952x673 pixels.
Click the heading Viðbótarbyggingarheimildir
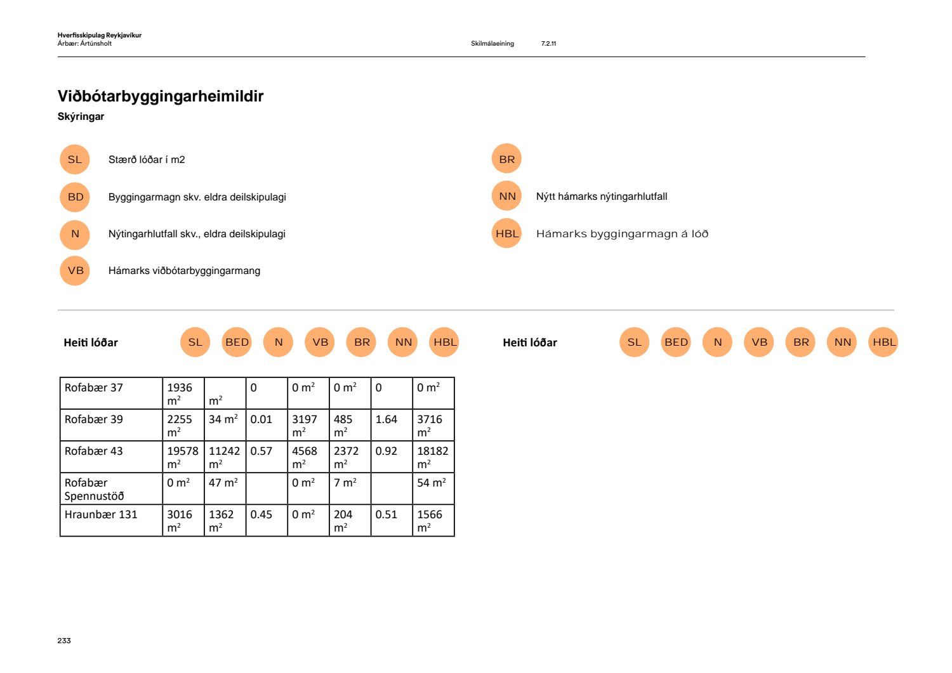pos(161,96)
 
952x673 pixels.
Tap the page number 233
pos(64,640)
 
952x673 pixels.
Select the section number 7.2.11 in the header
pos(548,43)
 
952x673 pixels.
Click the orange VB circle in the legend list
pos(75,271)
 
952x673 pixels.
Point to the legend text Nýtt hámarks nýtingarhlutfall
pos(602,196)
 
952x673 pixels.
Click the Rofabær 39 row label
pos(93,419)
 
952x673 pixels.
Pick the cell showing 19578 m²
pos(183,457)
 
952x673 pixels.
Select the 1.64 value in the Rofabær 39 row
pos(386,419)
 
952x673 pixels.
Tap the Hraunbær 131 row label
pos(101,514)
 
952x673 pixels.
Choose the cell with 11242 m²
pos(225,457)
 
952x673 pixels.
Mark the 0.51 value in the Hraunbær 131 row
pos(386,514)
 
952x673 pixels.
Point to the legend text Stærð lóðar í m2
pos(147,160)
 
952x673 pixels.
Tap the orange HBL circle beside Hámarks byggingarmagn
pos(506,233)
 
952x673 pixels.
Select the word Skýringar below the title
pos(81,117)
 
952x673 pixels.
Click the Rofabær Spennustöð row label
pos(94,489)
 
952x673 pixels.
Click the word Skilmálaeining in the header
pos(492,43)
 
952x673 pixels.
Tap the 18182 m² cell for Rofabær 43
pos(433,457)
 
